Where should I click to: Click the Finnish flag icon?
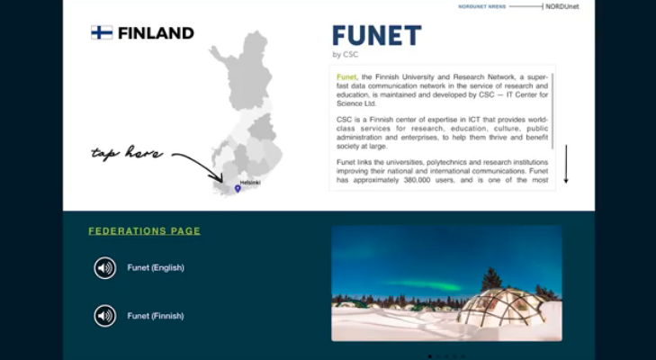click(x=102, y=32)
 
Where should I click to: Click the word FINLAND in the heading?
click(x=156, y=33)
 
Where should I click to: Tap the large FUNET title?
click(x=376, y=35)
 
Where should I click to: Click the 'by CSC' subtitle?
click(x=346, y=54)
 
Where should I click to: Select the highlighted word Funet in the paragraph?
click(x=346, y=77)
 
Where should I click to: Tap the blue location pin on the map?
click(x=238, y=188)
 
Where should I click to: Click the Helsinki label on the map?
click(x=250, y=183)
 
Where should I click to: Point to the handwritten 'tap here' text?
click(x=126, y=153)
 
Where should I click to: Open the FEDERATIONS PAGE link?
click(x=144, y=231)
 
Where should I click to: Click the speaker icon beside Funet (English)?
click(x=104, y=268)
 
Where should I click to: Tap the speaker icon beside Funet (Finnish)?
click(x=104, y=316)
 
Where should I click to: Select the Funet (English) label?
click(x=156, y=268)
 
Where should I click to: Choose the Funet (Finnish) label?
click(x=156, y=316)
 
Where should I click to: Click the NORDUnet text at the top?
click(x=562, y=6)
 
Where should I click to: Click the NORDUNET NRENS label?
click(x=482, y=6)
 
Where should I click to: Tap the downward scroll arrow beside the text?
click(x=566, y=164)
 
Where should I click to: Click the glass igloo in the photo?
click(x=503, y=307)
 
